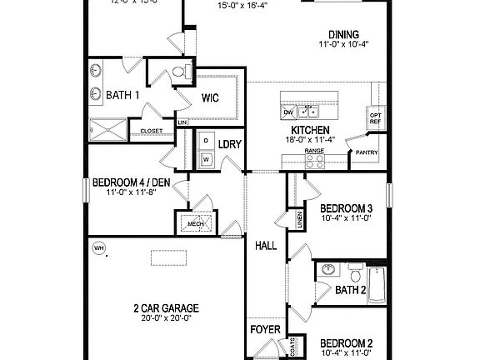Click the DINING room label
coord(343,33)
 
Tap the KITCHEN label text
coord(310,130)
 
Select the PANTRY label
coord(367,152)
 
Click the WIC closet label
coord(210,97)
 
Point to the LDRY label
coord(230,144)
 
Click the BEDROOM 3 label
coord(346,207)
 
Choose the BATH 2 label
coord(351,291)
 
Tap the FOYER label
coord(266,329)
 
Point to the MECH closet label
coord(196,223)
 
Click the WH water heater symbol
coord(98,247)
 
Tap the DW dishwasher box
coord(288,112)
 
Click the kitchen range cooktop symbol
coord(313,162)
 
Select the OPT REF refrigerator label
coord(375,118)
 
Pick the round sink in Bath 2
coord(328,270)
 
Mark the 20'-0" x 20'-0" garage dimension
coord(165,317)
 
